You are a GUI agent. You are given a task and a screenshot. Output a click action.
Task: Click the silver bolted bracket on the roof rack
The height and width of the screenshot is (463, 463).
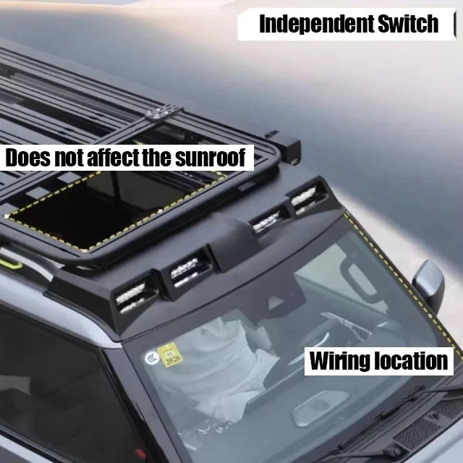[x=160, y=112]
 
